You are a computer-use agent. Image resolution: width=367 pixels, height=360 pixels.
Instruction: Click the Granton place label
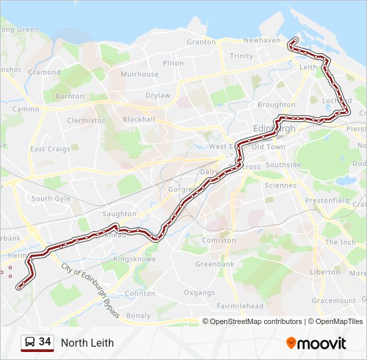click(x=201, y=41)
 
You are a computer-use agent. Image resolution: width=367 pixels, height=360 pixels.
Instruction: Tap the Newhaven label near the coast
click(x=262, y=40)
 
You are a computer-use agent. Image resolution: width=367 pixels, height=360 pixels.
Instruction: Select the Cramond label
click(x=45, y=72)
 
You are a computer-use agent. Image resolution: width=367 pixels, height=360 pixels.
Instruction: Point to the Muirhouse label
click(x=139, y=75)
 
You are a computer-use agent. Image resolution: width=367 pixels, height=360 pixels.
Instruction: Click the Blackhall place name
click(x=139, y=119)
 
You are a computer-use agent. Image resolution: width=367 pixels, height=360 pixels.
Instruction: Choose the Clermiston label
click(x=86, y=121)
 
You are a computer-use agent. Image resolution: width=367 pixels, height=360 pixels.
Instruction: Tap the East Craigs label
click(x=50, y=149)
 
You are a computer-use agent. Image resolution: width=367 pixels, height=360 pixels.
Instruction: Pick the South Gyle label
click(x=51, y=199)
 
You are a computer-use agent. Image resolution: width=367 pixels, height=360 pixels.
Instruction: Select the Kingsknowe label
click(x=135, y=258)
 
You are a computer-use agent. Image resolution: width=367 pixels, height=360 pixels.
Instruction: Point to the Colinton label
click(x=140, y=293)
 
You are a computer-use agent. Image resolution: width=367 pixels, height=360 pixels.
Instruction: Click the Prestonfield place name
click(x=326, y=199)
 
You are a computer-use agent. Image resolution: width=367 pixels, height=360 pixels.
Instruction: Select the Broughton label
click(x=276, y=105)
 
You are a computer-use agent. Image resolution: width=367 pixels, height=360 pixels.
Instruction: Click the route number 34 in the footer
click(x=45, y=342)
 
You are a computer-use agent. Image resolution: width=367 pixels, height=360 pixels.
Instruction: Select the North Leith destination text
click(x=87, y=343)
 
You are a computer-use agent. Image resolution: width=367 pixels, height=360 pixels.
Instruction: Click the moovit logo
click(x=316, y=343)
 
